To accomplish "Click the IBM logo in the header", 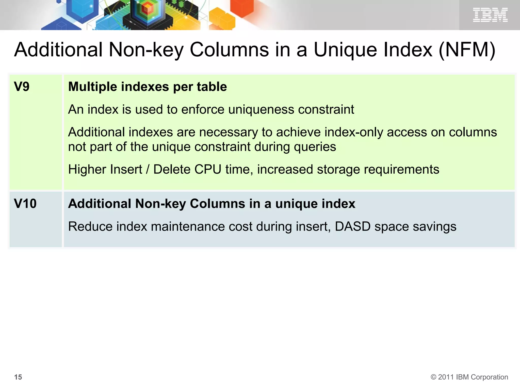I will tap(490, 15).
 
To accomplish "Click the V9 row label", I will tap(22, 87).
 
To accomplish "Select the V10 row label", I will tap(25, 204).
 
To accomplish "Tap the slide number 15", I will tap(18, 377).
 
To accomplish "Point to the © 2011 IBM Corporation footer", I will tap(469, 377).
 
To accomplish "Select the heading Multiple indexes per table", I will tap(148, 87).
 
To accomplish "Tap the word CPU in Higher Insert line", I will tap(208, 169).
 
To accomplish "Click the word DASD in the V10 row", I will tap(353, 226).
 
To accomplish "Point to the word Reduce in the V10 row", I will tap(90, 226).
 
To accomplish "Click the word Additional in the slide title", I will tap(58, 50).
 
